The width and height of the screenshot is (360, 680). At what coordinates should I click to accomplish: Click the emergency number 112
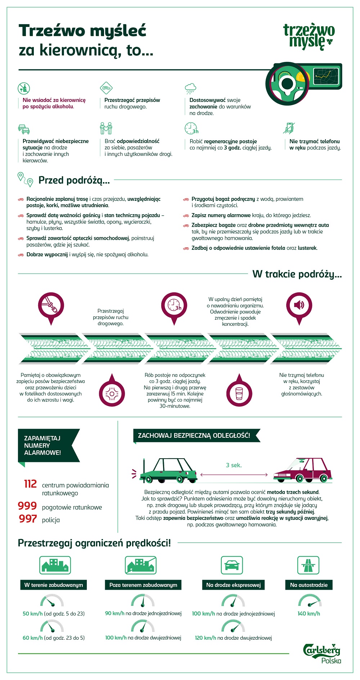(31, 484)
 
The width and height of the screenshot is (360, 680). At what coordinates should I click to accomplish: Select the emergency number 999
(27, 506)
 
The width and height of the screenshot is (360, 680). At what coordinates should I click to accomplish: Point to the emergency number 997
(28, 519)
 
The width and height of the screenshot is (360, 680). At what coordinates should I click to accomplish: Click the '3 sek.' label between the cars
(234, 465)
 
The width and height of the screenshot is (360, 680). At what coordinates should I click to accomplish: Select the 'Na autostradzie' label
(309, 585)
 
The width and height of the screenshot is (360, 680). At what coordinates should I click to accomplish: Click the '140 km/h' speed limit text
(309, 613)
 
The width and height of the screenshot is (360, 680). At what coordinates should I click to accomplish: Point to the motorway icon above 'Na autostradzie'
(308, 565)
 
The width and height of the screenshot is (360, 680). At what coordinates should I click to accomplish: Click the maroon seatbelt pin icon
(51, 306)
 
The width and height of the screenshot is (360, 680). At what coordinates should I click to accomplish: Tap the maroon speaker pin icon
(299, 306)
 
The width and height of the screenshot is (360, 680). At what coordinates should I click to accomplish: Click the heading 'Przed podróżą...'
(74, 180)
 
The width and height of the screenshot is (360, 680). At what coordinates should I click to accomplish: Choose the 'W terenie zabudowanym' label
(54, 585)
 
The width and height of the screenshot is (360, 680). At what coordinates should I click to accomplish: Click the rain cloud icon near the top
(190, 87)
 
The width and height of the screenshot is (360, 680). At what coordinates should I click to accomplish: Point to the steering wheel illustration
(288, 84)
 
